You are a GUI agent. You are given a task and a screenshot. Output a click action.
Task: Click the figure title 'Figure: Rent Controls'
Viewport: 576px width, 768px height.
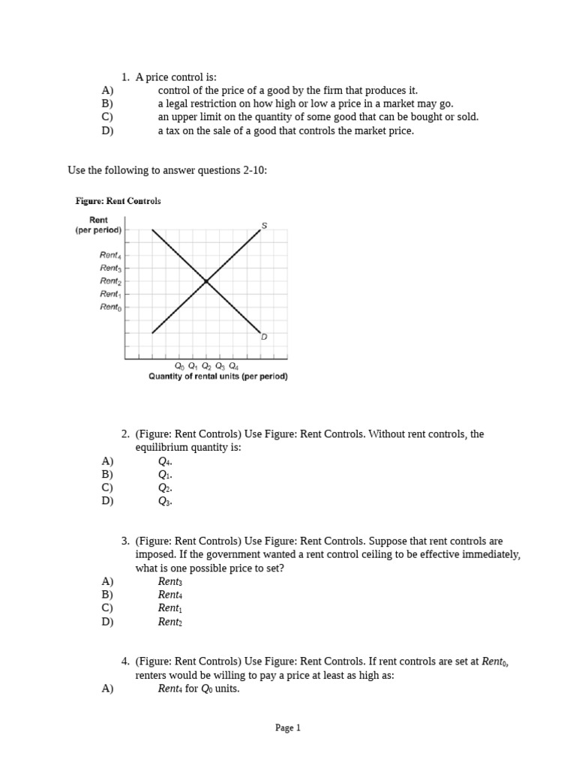click(x=118, y=201)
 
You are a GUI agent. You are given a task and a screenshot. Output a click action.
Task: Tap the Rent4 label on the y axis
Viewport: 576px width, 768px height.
click(x=110, y=256)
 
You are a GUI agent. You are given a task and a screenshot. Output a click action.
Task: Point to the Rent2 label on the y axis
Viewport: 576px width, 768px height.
click(x=110, y=280)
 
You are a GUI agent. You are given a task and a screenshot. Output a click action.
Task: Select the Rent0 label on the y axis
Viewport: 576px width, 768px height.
click(x=110, y=306)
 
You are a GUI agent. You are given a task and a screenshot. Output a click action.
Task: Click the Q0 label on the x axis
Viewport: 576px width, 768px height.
click(x=179, y=366)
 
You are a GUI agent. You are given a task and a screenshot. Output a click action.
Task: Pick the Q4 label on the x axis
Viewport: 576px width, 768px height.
click(x=233, y=366)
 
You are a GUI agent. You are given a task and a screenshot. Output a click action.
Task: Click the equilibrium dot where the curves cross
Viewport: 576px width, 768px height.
click(x=206, y=281)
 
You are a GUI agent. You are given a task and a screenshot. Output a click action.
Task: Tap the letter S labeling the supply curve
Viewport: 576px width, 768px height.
click(x=264, y=225)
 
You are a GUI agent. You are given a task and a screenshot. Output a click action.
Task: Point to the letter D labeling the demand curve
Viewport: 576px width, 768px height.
click(x=264, y=337)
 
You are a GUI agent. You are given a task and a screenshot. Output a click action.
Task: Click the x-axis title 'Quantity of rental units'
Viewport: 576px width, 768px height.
click(x=217, y=376)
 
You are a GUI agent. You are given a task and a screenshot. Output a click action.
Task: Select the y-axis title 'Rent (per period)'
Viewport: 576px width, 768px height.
click(x=98, y=225)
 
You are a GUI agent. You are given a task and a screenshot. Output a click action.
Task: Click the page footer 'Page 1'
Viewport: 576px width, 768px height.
click(x=288, y=727)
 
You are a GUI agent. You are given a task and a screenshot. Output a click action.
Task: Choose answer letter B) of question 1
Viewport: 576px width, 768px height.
click(x=107, y=103)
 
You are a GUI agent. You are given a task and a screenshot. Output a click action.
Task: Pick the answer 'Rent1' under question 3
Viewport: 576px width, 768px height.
click(x=169, y=608)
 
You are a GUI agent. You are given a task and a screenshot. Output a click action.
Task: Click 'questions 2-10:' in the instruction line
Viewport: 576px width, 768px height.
click(x=232, y=170)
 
